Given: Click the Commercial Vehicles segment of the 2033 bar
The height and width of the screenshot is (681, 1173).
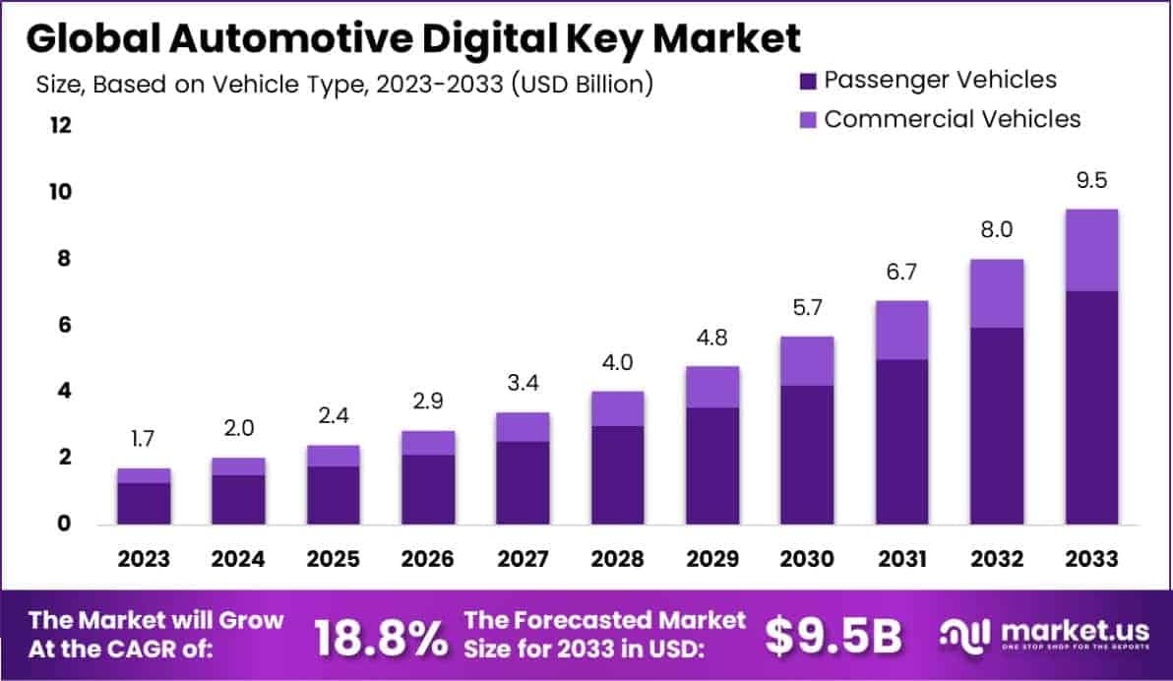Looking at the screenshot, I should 1091,250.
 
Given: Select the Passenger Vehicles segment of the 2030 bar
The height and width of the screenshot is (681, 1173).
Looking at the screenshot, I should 807,454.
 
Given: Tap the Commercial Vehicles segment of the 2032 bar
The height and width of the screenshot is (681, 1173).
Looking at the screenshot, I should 996,293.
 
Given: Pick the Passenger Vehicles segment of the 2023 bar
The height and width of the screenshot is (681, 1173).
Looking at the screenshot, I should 144,503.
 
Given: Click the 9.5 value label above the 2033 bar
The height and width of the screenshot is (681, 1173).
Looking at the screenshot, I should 1091,181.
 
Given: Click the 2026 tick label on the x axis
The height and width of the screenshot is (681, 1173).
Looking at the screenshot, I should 428,559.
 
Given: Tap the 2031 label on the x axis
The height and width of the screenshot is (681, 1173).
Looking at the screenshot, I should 901,559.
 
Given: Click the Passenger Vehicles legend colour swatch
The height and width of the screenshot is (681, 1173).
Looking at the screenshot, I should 808,81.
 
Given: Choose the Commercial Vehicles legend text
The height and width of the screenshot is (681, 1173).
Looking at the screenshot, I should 953,119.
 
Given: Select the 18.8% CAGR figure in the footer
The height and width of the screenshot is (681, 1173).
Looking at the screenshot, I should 380,638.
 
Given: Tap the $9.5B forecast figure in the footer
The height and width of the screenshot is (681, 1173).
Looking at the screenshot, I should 833,637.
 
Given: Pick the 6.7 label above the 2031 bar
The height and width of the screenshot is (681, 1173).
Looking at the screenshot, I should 901,273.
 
